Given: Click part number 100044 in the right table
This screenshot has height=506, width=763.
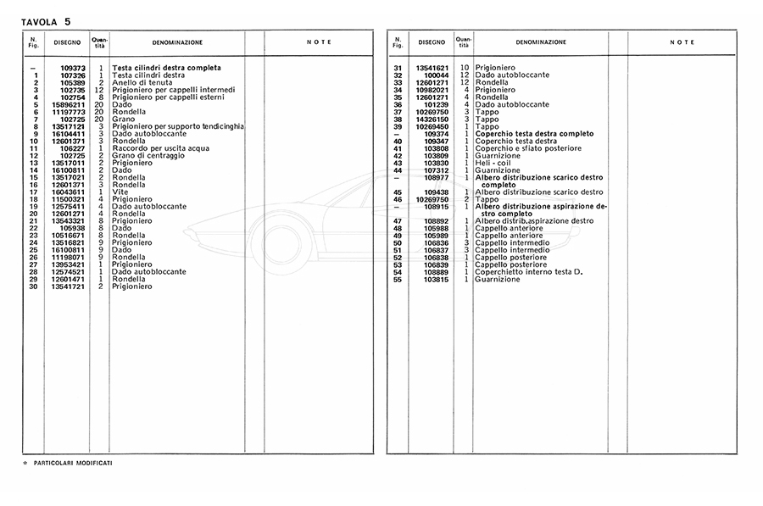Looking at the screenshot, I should pyautogui.click(x=435, y=75).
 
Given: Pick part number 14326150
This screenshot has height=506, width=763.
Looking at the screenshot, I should pyautogui.click(x=432, y=119).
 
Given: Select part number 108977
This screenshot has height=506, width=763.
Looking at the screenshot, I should pyautogui.click(x=435, y=177).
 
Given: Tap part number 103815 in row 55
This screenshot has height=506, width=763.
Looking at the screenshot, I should pyautogui.click(x=435, y=279).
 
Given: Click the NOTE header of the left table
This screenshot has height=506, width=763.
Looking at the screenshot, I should pyautogui.click(x=319, y=42).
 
